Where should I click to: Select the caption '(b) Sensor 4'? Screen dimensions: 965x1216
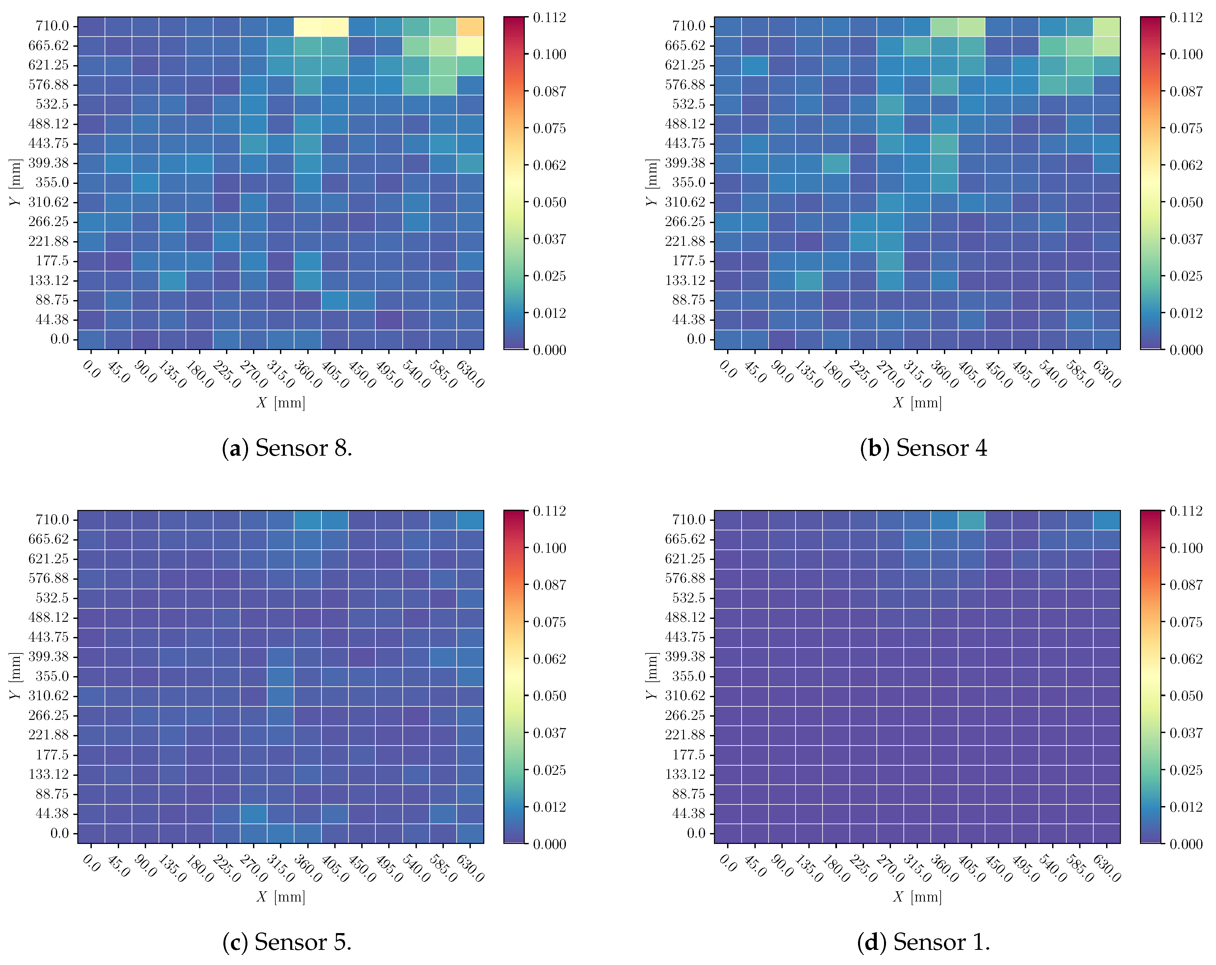coord(923,448)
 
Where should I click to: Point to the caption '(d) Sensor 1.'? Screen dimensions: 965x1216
coord(923,942)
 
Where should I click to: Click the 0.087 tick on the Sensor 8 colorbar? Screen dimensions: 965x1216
coord(549,91)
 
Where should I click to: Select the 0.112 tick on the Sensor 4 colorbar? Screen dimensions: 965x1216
coord(1185,17)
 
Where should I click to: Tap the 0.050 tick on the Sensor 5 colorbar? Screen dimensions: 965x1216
coord(549,696)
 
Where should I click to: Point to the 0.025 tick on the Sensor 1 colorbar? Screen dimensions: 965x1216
coord(1185,770)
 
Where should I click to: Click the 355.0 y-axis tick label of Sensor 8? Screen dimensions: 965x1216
coord(52,182)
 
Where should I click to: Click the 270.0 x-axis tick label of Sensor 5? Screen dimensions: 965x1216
coord(253,869)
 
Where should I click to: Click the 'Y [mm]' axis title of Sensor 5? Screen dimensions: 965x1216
coord(15,676)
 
